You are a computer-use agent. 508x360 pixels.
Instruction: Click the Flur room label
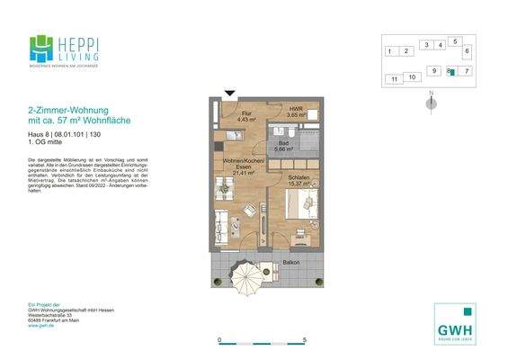point(243,114)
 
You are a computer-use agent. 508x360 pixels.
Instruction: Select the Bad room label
point(281,144)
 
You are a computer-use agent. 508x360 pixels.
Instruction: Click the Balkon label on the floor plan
point(291,263)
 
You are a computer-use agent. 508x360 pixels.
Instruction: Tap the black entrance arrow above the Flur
point(229,93)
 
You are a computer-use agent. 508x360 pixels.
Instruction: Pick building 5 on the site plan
point(456,41)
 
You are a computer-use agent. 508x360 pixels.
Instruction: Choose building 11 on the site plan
point(394,79)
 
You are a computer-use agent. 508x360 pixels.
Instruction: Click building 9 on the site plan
point(434,70)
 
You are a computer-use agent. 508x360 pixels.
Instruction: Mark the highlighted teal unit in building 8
point(453,71)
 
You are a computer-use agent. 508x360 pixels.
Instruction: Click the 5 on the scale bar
point(305,339)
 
